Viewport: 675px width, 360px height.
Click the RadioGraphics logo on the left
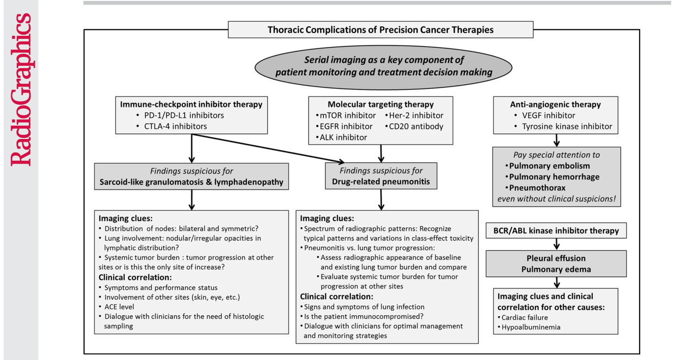[x=21, y=89]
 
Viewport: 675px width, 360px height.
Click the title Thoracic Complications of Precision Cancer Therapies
[x=380, y=30]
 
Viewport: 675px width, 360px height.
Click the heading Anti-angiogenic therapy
[x=555, y=104]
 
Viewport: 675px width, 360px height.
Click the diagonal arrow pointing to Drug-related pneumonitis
[x=268, y=148]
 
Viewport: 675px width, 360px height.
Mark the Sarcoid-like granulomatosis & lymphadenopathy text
[x=191, y=182]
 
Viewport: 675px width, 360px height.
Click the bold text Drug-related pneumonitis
[x=381, y=182]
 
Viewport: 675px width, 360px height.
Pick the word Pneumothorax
[x=537, y=188]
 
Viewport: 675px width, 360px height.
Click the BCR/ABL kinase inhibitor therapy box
[x=556, y=231]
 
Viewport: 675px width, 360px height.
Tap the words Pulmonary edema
[x=556, y=269]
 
